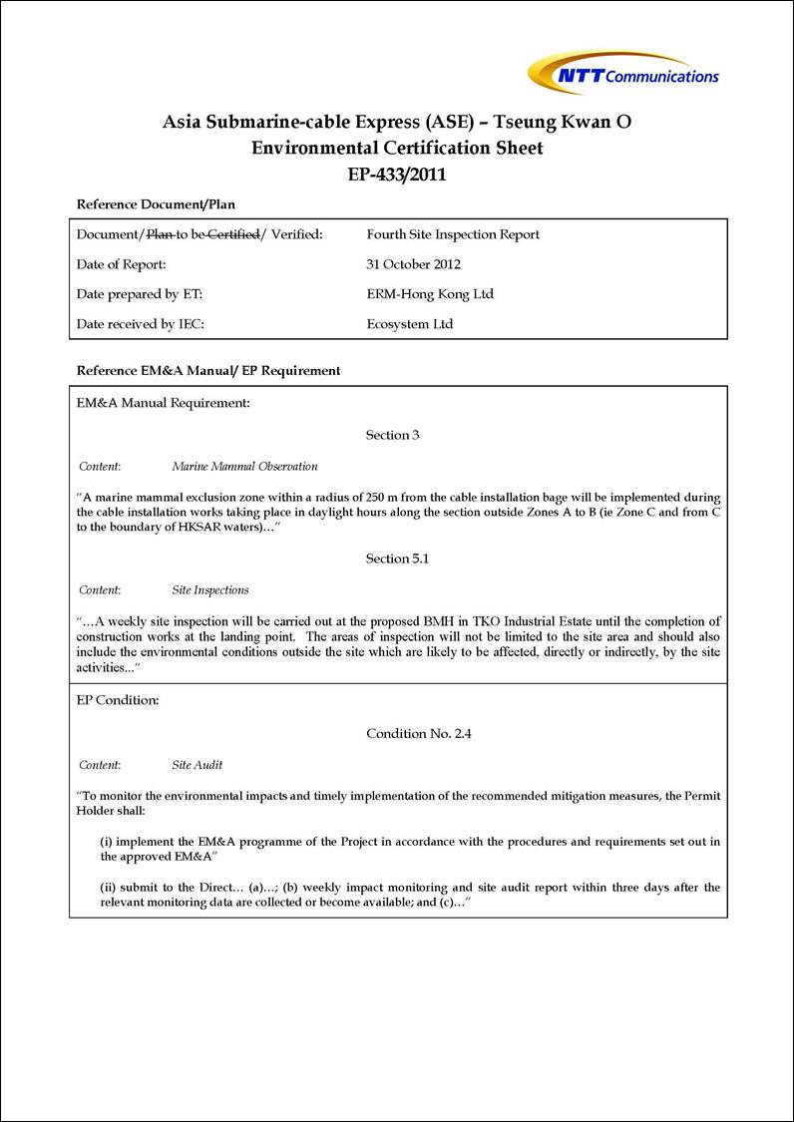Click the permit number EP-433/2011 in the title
[397, 175]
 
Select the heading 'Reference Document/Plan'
[156, 204]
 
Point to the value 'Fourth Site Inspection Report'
[453, 234]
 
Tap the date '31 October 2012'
[414, 264]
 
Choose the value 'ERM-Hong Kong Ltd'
[430, 294]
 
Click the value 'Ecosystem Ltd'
[410, 324]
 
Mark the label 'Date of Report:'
[121, 264]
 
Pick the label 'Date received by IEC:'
[141, 324]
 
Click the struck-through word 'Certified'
[232, 234]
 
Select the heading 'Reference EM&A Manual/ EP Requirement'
[208, 370]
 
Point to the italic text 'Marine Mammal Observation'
[244, 466]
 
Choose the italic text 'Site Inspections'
[210, 589]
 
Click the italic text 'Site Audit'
[198, 765]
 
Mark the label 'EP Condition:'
[118, 700]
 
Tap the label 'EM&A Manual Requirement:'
[163, 403]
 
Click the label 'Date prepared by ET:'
[140, 294]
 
